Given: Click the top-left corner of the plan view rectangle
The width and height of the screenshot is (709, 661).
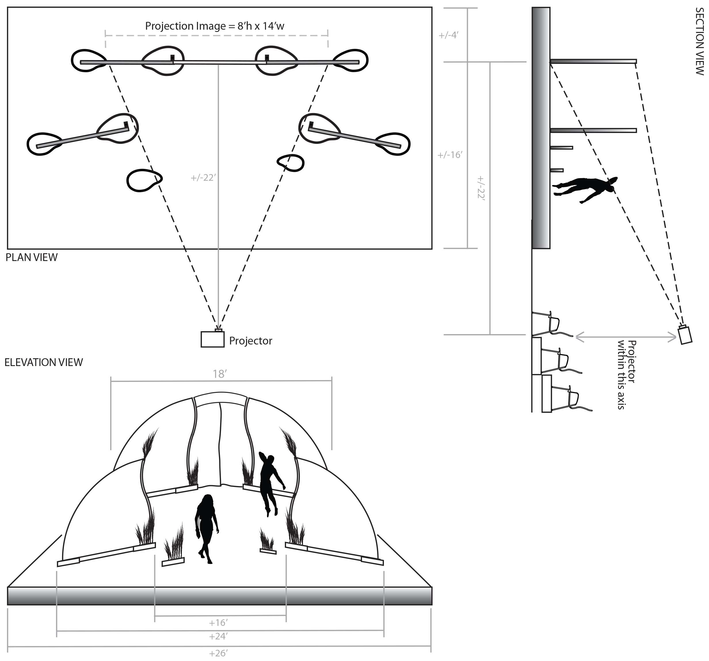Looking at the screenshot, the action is (7, 7).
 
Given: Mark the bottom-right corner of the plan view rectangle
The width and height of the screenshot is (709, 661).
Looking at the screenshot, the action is (432, 249).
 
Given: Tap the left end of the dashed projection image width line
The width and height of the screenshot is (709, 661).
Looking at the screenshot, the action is (106, 36).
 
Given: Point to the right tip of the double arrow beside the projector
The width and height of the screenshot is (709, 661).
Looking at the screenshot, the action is (676, 337).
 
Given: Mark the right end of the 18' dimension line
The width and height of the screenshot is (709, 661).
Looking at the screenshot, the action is (332, 381).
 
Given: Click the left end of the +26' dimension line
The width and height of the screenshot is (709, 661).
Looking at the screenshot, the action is (8, 646).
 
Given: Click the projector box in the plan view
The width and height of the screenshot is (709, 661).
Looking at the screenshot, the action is (213, 339).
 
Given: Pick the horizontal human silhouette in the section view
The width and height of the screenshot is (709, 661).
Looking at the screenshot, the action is (585, 189).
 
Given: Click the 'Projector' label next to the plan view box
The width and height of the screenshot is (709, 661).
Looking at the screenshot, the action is (250, 341).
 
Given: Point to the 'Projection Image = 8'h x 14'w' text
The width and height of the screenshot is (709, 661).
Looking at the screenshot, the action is (215, 26).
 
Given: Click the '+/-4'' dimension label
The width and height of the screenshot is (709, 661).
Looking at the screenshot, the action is (449, 35).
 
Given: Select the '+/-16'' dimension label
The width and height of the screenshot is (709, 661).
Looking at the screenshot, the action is (450, 155).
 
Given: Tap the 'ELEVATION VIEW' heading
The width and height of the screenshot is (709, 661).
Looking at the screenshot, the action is (43, 362).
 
